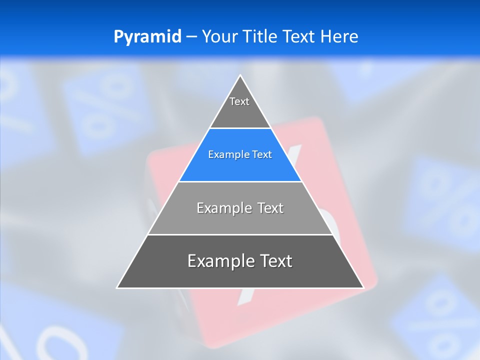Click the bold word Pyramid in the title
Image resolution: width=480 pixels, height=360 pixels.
coord(147,36)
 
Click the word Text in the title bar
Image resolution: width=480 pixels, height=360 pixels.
coord(299,36)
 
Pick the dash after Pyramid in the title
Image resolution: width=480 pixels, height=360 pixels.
coord(191,37)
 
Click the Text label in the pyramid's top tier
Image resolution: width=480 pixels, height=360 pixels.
coord(239,101)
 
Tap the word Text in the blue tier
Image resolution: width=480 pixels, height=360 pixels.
coord(262,154)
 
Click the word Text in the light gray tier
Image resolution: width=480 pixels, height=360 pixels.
coord(270,208)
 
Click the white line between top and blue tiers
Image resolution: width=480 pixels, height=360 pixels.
coord(240,128)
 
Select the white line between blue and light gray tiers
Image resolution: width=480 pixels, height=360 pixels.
coord(240,181)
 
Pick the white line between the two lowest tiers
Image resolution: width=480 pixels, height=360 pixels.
coord(240,234)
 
